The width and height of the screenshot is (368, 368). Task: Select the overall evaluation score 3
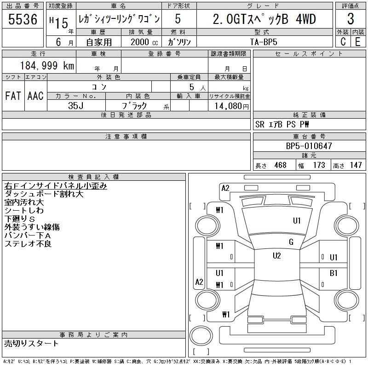[351, 19]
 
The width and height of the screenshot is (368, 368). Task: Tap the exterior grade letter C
[343, 41]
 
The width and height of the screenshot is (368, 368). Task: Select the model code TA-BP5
[264, 41]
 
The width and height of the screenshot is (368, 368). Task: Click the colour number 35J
[76, 105]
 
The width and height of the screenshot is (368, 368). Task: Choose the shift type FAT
[13, 96]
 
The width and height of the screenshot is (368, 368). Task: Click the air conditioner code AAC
[35, 96]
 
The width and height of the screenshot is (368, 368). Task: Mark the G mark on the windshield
[291, 242]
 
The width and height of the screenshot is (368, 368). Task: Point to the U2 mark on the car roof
[276, 256]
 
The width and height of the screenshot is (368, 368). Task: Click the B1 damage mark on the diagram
[333, 273]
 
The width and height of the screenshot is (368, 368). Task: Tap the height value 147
[356, 165]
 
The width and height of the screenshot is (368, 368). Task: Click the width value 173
[319, 165]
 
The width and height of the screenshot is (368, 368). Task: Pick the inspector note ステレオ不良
[28, 244]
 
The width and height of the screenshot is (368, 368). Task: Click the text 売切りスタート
[31, 344]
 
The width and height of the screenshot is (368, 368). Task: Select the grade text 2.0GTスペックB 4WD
[264, 19]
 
